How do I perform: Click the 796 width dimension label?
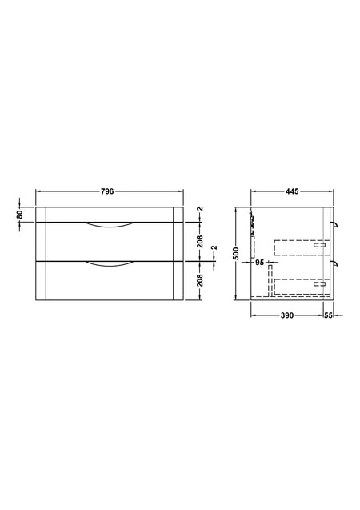click(107, 191)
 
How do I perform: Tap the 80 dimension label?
click(19, 215)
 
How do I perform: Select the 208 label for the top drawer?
click(200, 241)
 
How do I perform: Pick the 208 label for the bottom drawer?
click(200, 280)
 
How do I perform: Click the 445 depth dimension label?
click(292, 191)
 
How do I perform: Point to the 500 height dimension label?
click(236, 253)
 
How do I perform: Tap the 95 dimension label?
click(260, 262)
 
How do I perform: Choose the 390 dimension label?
click(287, 315)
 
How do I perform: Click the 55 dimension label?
click(329, 315)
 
